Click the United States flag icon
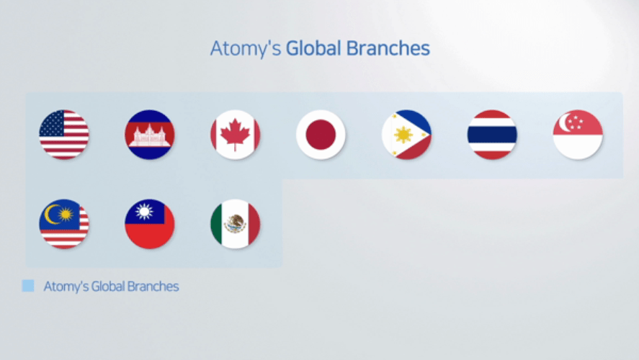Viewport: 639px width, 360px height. coord(64,135)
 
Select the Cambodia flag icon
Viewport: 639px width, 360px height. coord(150,135)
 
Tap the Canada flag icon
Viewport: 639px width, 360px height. coord(235,135)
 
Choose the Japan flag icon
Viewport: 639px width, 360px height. coord(321,135)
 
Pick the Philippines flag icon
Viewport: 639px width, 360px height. coord(406,135)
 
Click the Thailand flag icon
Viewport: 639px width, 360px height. coord(492,135)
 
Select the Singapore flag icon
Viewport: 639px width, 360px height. coord(578,135)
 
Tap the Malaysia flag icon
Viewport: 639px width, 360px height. coord(64,224)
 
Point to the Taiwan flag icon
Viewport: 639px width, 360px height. coord(150,224)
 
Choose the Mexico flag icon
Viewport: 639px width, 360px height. coord(235,224)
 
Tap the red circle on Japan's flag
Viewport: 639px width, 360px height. coord(321,135)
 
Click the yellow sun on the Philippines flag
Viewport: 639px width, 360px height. coord(403,135)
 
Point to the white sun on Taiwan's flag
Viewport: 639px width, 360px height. coord(144,212)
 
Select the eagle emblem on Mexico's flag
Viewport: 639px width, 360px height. coord(235,224)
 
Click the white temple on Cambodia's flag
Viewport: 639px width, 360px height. coord(150,135)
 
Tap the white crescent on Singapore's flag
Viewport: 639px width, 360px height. coord(564,122)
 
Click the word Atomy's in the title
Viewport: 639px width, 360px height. coord(246,48)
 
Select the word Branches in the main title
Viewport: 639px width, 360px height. coord(388,48)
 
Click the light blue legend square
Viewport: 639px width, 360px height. coord(28,286)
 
